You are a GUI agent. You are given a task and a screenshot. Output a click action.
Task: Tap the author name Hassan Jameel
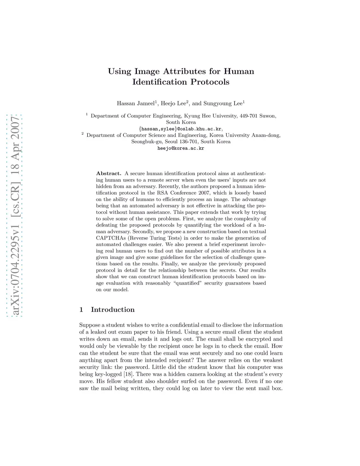pos(136,103)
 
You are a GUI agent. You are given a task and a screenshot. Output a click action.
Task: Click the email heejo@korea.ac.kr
pos(181,148)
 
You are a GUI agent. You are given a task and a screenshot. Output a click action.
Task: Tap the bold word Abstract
pos(108,173)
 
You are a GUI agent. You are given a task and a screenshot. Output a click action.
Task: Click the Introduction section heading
pos(112,309)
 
